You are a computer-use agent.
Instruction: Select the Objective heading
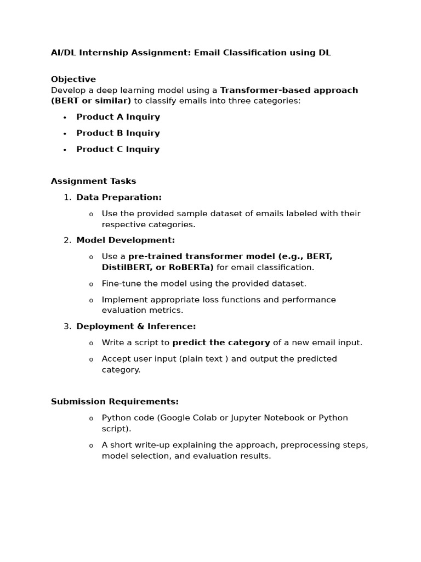73,79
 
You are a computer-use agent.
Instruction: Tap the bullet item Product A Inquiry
118,117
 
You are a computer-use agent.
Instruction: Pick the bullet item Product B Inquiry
118,133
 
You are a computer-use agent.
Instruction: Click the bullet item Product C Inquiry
118,149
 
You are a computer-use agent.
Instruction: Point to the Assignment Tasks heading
93,181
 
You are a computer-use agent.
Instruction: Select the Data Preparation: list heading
119,197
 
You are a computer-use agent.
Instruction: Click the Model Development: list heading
126,240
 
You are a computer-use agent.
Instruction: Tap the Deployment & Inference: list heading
136,326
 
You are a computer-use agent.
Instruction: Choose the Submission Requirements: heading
115,402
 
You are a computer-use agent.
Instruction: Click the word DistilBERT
124,267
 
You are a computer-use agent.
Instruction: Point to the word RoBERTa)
192,267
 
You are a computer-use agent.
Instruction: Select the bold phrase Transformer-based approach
289,90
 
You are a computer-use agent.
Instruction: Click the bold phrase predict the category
221,342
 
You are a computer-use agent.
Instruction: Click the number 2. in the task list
67,240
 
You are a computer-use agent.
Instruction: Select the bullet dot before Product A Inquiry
65,117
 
